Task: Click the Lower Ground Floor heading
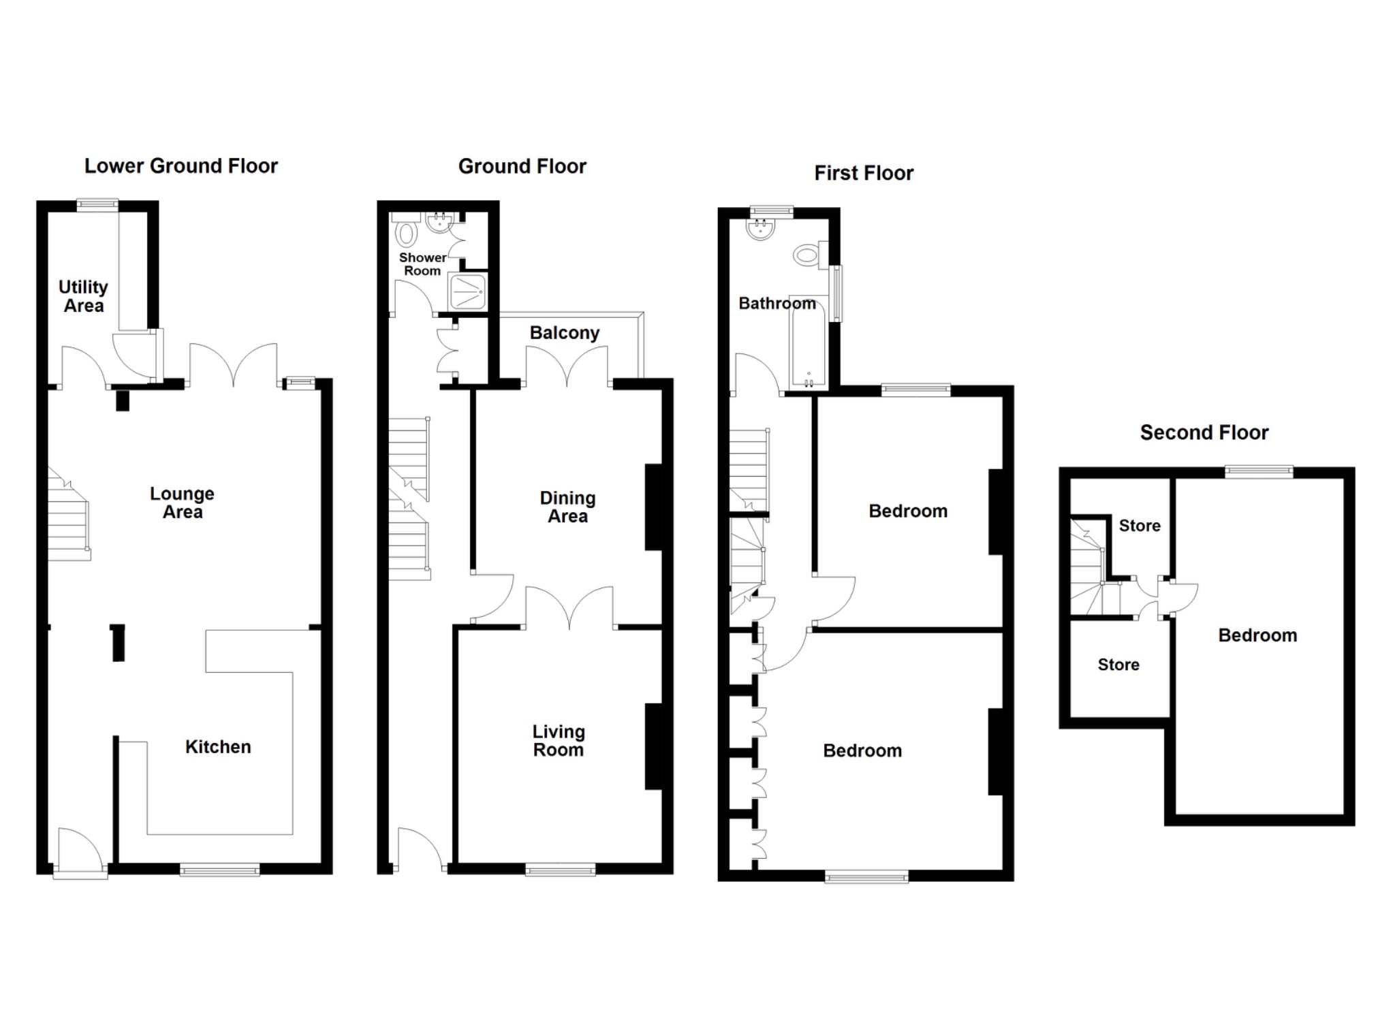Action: coord(181,166)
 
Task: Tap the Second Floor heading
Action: coord(1204,432)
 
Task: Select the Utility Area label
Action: coord(83,296)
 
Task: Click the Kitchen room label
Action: coord(218,746)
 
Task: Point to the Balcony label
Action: coord(564,333)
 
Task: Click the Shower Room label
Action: coord(422,264)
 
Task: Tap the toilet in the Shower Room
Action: coord(407,232)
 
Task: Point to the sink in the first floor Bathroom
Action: coord(761,228)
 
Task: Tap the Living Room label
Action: coord(558,740)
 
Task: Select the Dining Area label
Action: coord(567,507)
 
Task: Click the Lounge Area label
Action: coord(182,503)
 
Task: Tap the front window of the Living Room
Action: coord(560,870)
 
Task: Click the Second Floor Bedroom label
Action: coord(1257,635)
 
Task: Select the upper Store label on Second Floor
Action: coord(1139,526)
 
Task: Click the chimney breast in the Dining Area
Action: coord(653,507)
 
